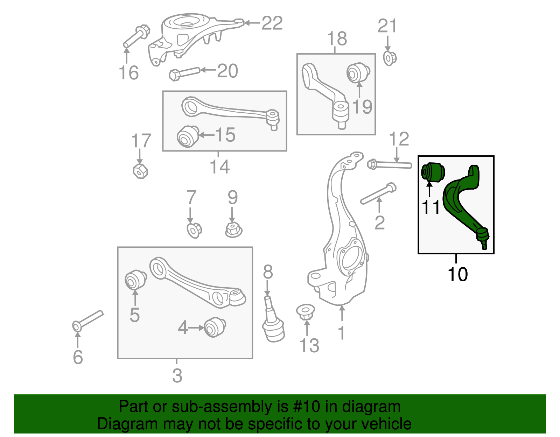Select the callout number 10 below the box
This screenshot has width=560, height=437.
pos(457,274)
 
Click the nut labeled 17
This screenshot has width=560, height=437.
pos(140,171)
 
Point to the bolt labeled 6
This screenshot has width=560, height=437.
pos(88,319)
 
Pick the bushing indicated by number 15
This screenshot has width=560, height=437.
pos(187,136)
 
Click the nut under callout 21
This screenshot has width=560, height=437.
pos(390,58)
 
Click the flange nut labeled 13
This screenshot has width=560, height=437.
pos(306,312)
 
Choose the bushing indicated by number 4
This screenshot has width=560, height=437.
pos(215,327)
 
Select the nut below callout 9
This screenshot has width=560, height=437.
pos(233,230)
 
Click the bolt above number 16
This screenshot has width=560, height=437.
pos(136,36)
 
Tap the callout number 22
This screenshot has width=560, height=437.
pos(272,23)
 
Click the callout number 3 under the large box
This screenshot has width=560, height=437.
pos(177,376)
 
